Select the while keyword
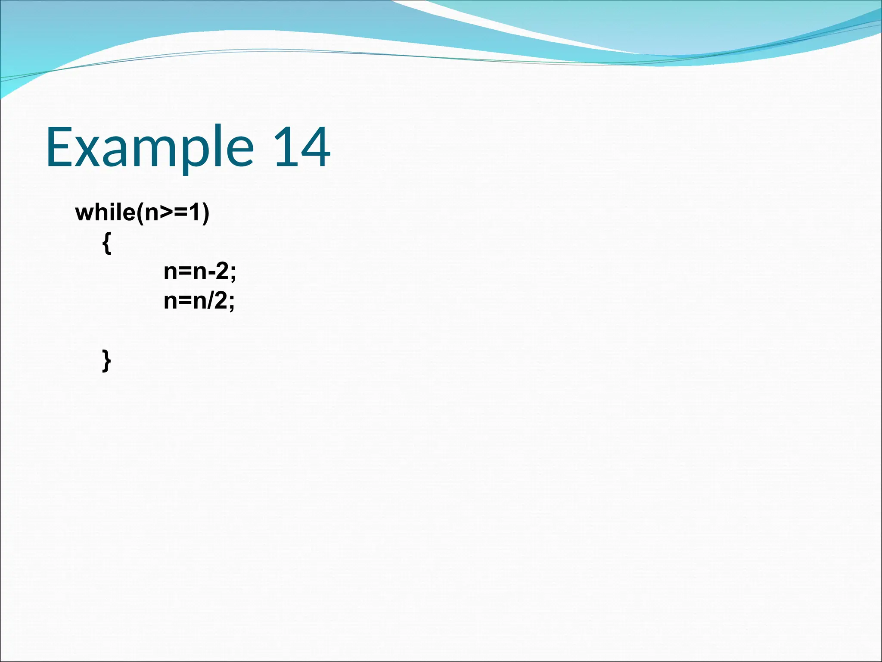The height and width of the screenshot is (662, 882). coord(105,212)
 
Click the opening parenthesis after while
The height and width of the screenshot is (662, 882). coord(140,213)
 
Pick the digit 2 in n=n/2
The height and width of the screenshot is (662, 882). coord(221,300)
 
